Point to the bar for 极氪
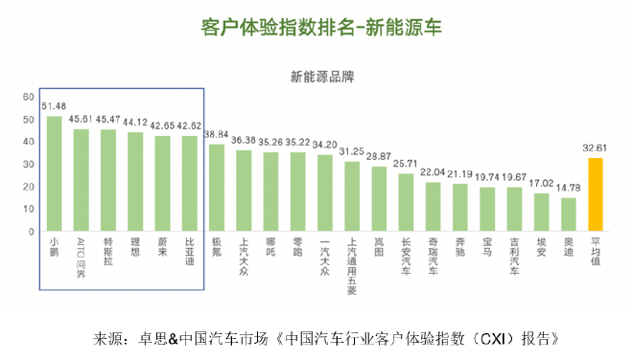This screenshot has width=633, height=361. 217,188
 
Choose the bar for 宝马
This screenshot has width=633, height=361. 487,209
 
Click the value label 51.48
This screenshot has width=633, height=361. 55,105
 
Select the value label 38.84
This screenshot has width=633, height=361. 217,134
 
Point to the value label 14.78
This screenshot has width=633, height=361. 569,189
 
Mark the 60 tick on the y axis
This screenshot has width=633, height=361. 29,98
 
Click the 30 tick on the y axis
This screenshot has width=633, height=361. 29,165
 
